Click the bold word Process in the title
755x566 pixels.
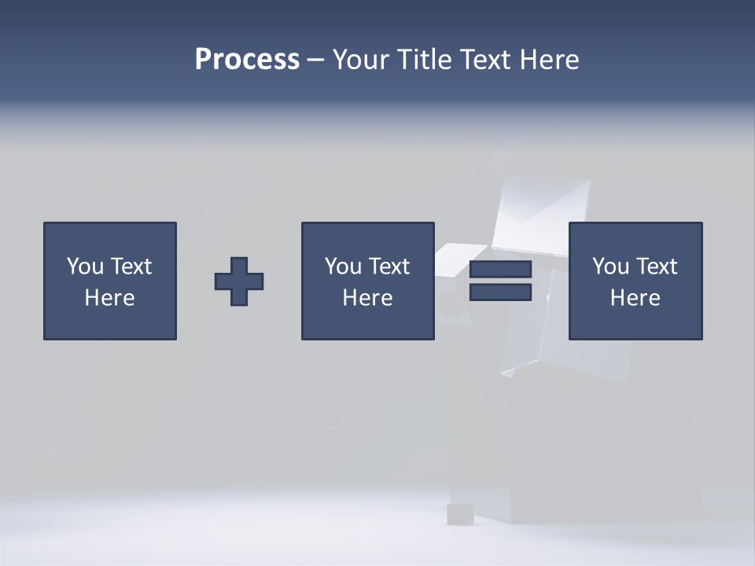point(247,60)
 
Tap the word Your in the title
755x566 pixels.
point(359,60)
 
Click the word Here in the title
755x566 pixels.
point(549,60)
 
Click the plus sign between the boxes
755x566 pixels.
point(239,281)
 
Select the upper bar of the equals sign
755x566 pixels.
point(500,270)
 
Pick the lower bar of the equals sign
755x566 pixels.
point(500,292)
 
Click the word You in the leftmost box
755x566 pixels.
point(85,266)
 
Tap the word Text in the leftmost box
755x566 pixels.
point(131,266)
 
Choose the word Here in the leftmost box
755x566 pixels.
point(109,298)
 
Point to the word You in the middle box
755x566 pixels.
point(343,266)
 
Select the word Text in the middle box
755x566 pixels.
point(389,266)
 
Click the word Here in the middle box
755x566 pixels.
point(367,298)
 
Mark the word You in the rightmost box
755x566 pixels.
point(610,266)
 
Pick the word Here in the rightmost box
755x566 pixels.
point(635,298)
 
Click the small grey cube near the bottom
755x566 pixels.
point(459,514)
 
